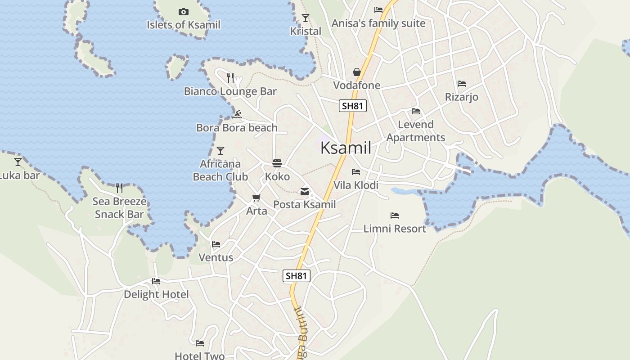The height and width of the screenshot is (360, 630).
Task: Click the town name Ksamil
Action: [x=346, y=148]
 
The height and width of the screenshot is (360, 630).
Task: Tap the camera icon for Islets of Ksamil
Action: [x=184, y=12]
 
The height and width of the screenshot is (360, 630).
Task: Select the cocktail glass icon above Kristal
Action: [x=306, y=18]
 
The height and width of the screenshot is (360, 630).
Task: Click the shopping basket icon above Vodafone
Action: [x=357, y=72]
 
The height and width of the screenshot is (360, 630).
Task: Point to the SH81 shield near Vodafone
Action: [x=353, y=106]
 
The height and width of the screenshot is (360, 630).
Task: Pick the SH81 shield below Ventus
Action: [x=297, y=276]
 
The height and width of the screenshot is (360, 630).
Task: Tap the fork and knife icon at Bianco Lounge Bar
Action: [x=230, y=78]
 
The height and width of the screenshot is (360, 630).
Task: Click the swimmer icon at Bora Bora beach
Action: [x=238, y=114]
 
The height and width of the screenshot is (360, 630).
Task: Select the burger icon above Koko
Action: [x=277, y=163]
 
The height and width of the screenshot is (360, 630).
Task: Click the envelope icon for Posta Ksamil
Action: [x=305, y=192]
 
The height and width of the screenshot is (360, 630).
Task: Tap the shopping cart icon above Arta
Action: [x=256, y=198]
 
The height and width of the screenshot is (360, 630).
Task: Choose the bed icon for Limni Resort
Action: [x=395, y=216]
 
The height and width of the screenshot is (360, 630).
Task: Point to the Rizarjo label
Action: [x=462, y=97]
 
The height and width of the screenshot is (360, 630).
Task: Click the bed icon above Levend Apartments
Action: [x=416, y=111]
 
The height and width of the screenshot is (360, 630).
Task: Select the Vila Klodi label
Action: [x=356, y=185]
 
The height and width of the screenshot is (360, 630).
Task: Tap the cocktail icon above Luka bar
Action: [x=18, y=162]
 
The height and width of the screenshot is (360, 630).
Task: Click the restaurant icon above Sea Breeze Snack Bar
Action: [x=119, y=188]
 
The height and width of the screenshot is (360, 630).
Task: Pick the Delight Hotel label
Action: [x=156, y=294]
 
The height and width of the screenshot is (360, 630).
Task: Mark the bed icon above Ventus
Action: [x=216, y=244]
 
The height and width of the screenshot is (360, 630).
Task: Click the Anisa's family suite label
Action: [x=378, y=23]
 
